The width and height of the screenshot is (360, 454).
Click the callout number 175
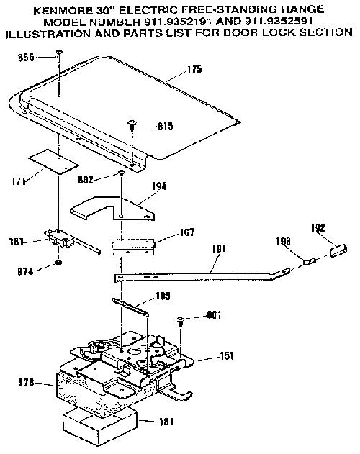pyautogui.click(x=194, y=69)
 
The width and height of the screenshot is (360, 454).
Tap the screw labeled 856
pyautogui.click(x=60, y=55)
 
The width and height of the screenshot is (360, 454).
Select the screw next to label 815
pyautogui.click(x=132, y=125)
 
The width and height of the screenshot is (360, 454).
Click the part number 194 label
pyautogui.click(x=159, y=186)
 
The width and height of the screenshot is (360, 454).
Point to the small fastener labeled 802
pyautogui.click(x=121, y=173)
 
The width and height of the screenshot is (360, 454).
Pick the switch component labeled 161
pyautogui.click(x=60, y=239)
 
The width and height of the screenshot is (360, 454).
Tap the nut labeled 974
pyautogui.click(x=59, y=263)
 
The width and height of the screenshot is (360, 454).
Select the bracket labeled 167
pyautogui.click(x=133, y=246)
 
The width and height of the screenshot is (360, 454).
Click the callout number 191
pyautogui.click(x=219, y=249)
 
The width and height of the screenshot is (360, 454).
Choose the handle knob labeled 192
pyautogui.click(x=338, y=250)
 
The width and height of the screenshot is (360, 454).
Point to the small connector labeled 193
pyautogui.click(x=310, y=262)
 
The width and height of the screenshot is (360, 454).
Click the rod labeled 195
pyautogui.click(x=131, y=307)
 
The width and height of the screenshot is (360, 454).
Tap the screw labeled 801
pyautogui.click(x=180, y=320)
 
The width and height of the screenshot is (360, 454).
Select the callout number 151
pyautogui.click(x=225, y=356)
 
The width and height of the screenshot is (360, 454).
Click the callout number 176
pyautogui.click(x=27, y=383)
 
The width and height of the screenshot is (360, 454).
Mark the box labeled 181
pyautogui.click(x=100, y=425)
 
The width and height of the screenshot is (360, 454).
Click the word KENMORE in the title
pyautogui.click(x=63, y=11)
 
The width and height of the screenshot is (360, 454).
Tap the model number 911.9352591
pyautogui.click(x=279, y=22)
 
